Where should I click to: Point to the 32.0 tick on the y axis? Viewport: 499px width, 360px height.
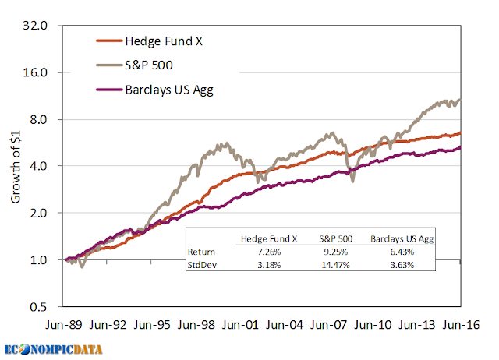point(37,26)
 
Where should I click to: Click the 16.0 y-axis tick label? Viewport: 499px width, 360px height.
point(37,72)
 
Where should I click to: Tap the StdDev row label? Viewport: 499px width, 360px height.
point(203,265)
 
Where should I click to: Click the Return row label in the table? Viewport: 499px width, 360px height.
point(202,252)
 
